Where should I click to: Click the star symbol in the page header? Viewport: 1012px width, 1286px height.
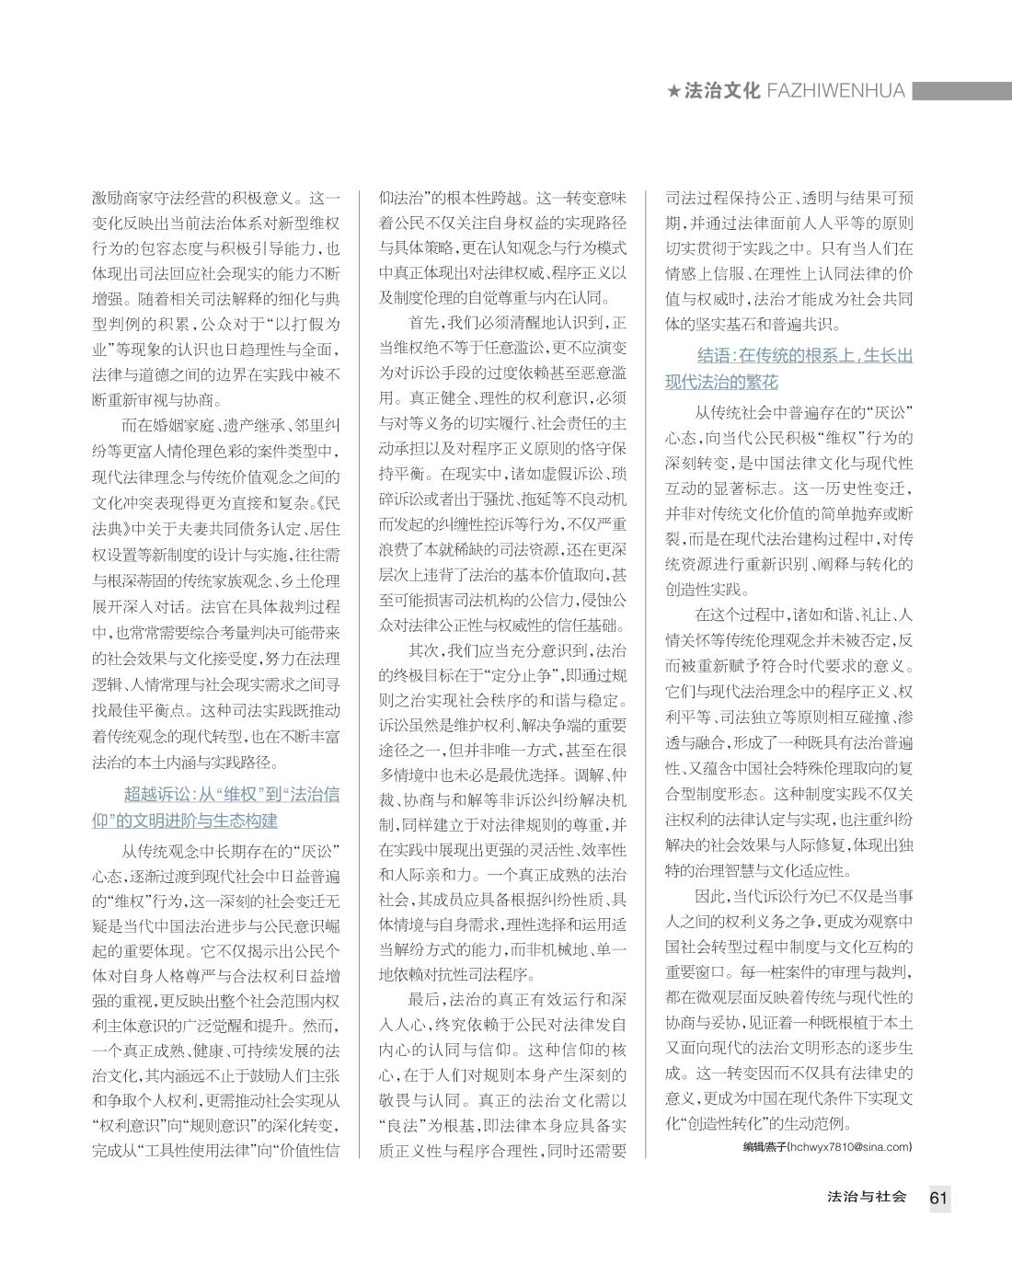click(674, 91)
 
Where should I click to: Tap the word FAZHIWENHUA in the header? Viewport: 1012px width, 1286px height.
click(836, 91)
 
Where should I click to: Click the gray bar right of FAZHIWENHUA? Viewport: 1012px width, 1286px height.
click(961, 91)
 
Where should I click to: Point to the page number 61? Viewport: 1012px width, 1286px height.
click(938, 1198)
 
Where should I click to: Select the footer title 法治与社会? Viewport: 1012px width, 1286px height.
click(867, 1197)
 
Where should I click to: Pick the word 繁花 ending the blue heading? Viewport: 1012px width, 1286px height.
click(761, 382)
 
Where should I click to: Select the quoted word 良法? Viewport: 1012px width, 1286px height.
click(405, 1125)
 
